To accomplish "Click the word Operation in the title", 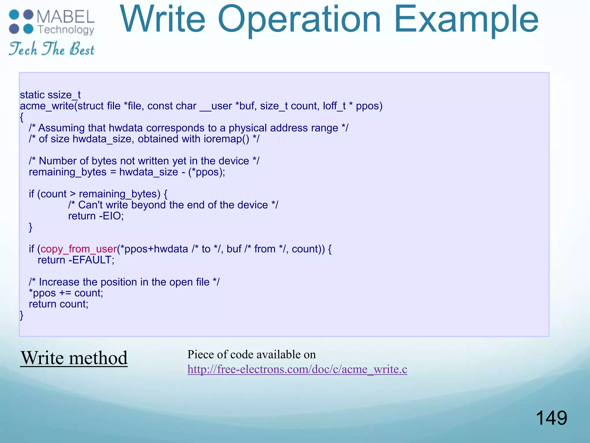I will (x=300, y=20).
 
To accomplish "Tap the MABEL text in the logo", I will (x=66, y=17).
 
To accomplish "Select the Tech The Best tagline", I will (x=52, y=49).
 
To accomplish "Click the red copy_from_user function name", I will (x=79, y=249).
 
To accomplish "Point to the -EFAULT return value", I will (x=92, y=260).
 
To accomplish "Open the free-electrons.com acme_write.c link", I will (x=297, y=369).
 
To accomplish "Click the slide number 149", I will (x=551, y=418).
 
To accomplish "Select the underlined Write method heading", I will (x=74, y=358).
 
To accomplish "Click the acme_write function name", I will (x=47, y=106).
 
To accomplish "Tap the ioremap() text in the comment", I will (x=226, y=139).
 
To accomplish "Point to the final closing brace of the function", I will (x=22, y=315).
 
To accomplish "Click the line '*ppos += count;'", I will (x=66, y=293).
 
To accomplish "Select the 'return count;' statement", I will (x=58, y=304).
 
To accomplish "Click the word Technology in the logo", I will (x=66, y=30).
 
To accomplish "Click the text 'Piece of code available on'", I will (x=251, y=354).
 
